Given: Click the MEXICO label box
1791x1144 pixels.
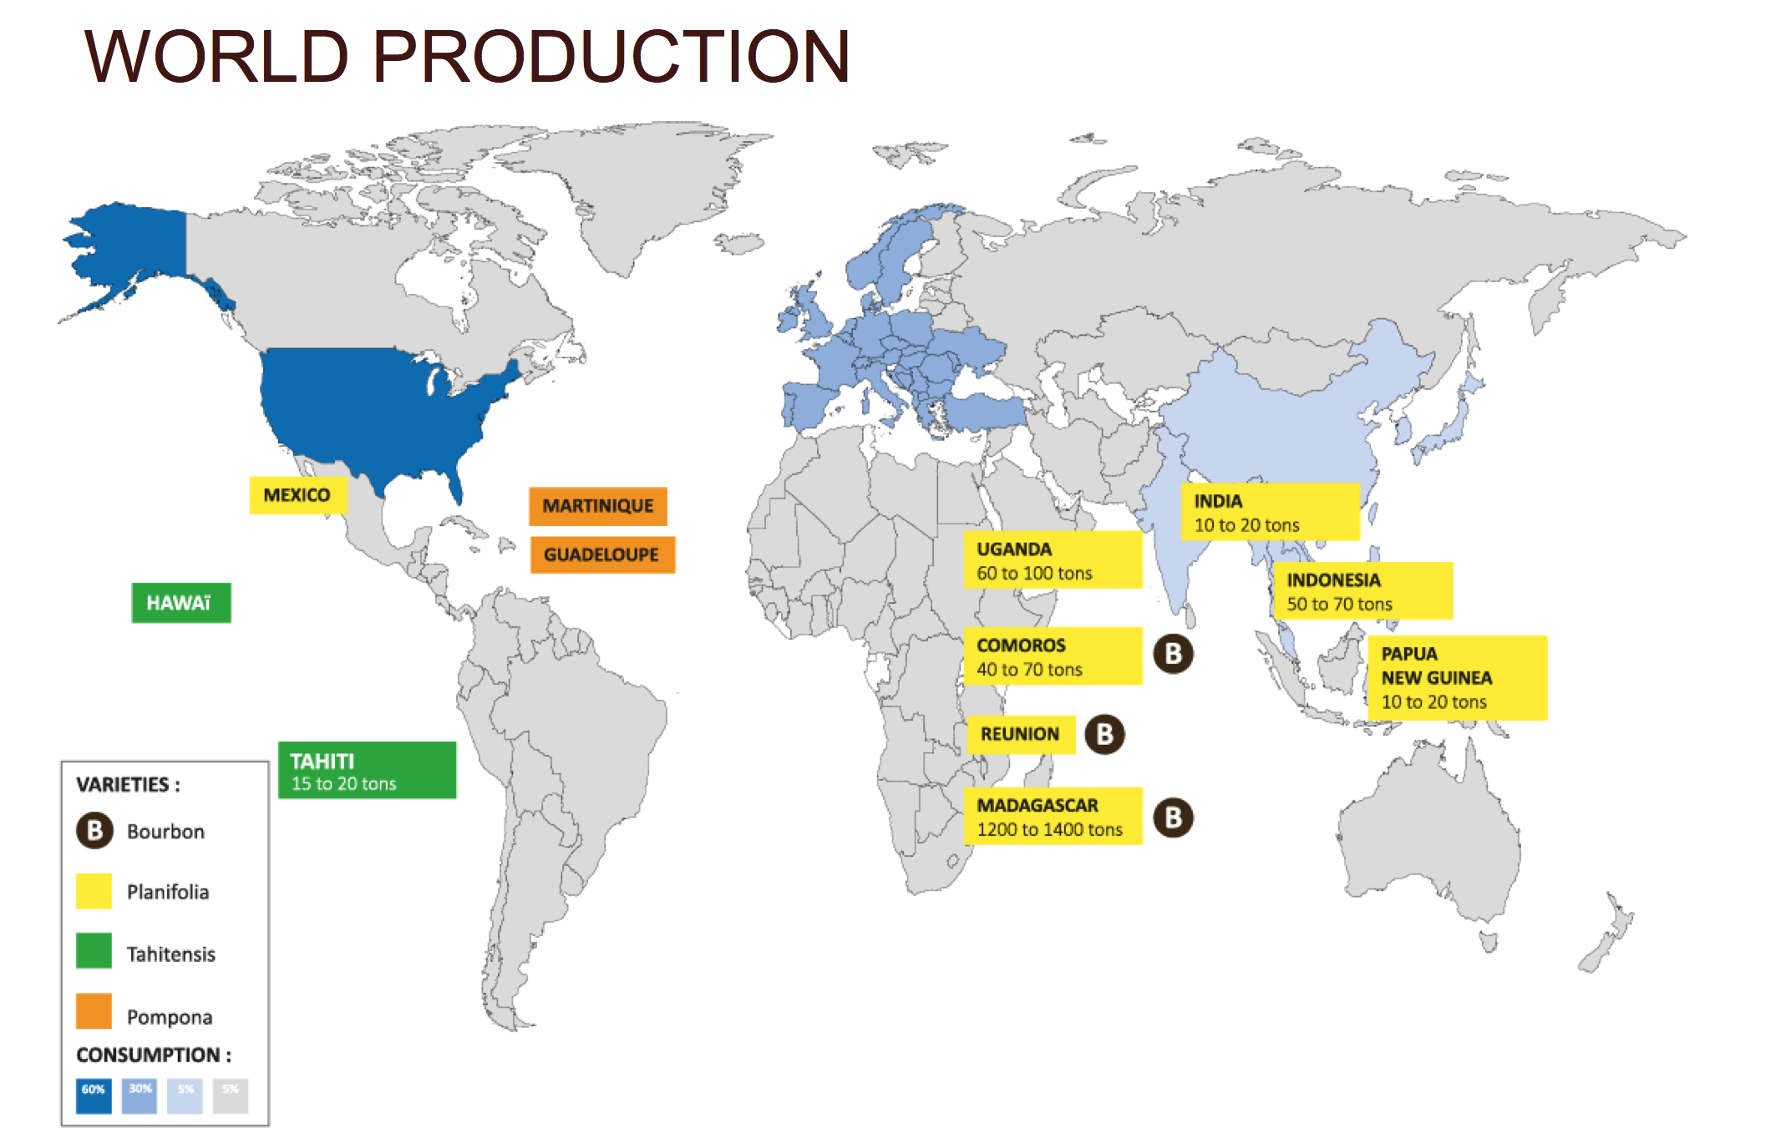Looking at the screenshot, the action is (x=297, y=495).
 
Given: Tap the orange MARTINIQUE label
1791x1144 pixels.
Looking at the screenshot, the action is (x=598, y=506).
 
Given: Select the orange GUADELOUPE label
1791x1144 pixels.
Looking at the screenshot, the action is (x=602, y=554).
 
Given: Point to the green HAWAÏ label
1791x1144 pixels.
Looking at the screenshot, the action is (x=181, y=603).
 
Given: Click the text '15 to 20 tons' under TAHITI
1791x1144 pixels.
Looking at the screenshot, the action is (x=344, y=784).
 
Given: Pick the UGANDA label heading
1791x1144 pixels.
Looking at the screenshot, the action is (x=1014, y=549).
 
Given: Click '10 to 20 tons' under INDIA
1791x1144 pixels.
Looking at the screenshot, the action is (x=1246, y=525).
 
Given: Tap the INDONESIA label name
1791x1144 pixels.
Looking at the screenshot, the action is (x=1333, y=580).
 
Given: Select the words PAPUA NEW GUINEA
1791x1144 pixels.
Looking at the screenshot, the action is (x=1437, y=666).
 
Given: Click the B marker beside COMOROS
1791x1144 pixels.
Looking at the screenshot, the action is (x=1174, y=654).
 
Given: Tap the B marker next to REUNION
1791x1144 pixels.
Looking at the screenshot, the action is (x=1105, y=735).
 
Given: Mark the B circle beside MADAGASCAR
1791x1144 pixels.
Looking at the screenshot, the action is (x=1174, y=818).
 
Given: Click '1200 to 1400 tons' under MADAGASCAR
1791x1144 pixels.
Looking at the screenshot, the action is (x=1050, y=830).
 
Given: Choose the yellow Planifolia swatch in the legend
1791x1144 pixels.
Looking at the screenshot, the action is (x=94, y=891).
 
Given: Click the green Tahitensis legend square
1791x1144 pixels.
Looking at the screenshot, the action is (x=94, y=951).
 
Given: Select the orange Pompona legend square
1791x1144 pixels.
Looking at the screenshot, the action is (x=94, y=1010).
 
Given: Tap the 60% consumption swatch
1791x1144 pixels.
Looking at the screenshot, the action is (x=94, y=1096).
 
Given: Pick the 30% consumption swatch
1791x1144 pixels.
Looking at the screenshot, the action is (x=140, y=1096).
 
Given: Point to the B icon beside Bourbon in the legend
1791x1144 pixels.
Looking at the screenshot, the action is (x=94, y=831).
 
